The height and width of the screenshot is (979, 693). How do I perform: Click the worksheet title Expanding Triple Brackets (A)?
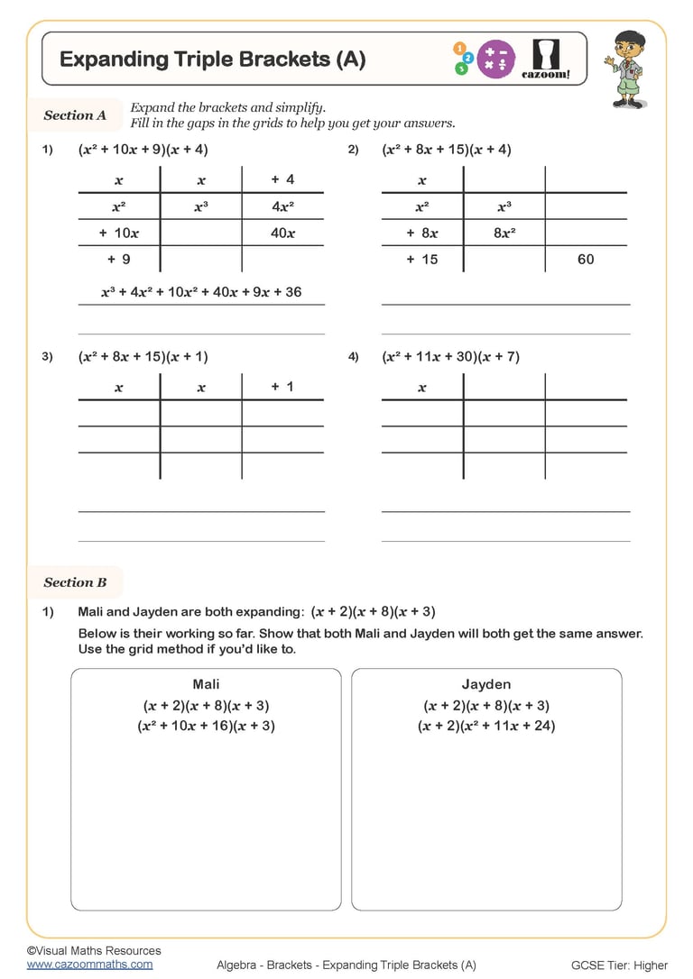click(212, 59)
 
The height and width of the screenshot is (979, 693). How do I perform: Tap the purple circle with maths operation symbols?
click(495, 59)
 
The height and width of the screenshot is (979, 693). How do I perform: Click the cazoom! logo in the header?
click(547, 59)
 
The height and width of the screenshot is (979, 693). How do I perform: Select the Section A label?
click(75, 115)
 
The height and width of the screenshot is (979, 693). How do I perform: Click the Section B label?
click(75, 582)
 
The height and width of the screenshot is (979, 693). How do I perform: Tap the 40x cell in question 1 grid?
click(282, 233)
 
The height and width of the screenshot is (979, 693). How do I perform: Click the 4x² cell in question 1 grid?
click(282, 206)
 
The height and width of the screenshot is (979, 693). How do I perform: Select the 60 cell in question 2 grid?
click(586, 259)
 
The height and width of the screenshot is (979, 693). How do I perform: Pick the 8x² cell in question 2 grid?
click(504, 233)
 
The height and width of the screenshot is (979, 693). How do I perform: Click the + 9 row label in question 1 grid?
click(118, 259)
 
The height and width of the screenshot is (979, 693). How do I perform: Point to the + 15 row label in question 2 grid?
click(421, 259)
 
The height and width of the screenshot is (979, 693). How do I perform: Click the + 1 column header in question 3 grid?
click(282, 387)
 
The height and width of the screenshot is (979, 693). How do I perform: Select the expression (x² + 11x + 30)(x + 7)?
click(450, 357)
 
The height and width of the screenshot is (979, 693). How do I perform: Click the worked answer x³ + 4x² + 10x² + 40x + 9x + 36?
click(201, 292)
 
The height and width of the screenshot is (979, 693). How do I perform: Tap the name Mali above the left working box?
click(206, 684)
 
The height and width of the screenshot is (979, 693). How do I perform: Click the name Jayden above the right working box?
click(486, 684)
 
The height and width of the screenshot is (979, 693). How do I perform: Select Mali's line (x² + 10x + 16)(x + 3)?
click(206, 726)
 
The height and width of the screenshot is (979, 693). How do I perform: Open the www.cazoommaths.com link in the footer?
click(89, 964)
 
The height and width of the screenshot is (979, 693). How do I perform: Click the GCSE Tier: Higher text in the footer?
click(619, 965)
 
